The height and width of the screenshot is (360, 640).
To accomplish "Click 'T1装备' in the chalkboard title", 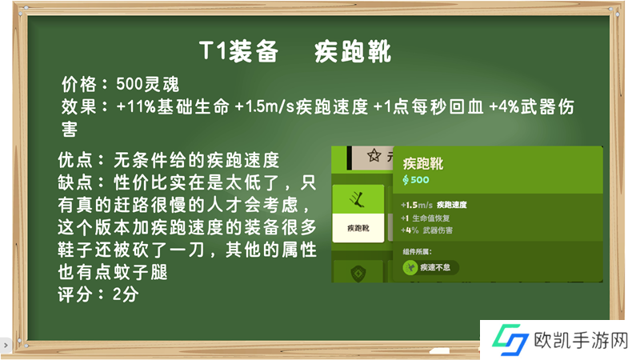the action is click(238, 51).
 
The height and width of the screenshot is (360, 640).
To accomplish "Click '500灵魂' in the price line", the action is click(147, 85).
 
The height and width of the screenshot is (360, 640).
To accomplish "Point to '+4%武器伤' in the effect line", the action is click(532, 107).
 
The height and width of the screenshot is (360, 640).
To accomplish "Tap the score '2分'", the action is click(126, 294).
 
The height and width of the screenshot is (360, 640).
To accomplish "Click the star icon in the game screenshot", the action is click(374, 155).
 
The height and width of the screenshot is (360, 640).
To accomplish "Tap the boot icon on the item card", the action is click(358, 199).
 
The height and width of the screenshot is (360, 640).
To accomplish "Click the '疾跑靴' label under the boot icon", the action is click(358, 228).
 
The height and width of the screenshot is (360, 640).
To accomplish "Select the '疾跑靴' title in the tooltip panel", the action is click(423, 164).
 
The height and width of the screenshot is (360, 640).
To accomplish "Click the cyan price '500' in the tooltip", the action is click(419, 179).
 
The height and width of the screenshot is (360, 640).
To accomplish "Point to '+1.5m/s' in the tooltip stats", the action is click(417, 205).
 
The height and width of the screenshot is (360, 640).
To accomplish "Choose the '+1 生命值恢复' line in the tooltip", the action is click(425, 218).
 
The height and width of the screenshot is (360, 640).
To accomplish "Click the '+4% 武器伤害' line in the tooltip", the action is click(426, 230).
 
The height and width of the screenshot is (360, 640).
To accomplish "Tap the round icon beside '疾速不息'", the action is click(410, 268).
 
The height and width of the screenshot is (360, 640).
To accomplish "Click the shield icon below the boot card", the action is click(358, 274).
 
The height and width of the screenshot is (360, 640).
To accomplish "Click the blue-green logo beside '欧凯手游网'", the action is click(510, 339).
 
